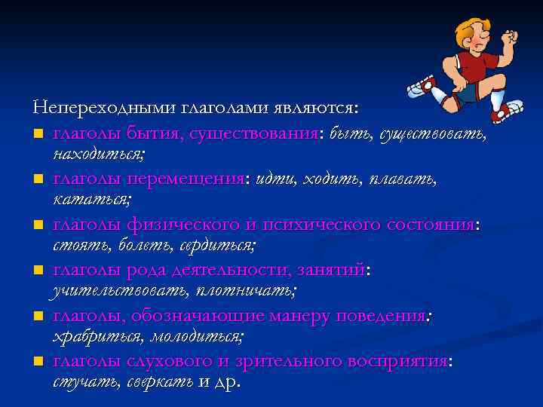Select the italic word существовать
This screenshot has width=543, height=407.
(433, 134)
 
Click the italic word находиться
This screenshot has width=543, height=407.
(99, 155)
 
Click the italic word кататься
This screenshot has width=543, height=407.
(91, 200)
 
